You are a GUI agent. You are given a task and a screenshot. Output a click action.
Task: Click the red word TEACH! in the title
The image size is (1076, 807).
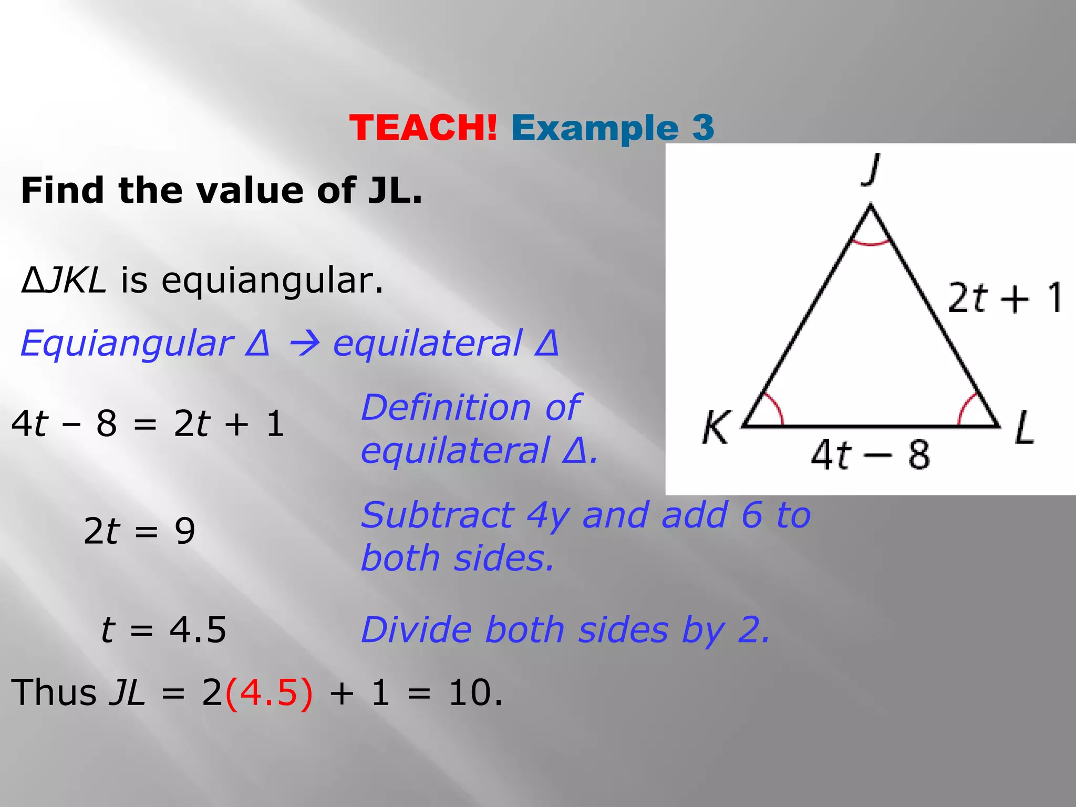423,128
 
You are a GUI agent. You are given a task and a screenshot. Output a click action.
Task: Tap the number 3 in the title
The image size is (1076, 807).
703,128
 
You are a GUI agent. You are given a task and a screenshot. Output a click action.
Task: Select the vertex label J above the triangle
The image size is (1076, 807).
871,169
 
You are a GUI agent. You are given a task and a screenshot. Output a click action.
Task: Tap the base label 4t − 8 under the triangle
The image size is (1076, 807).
870,454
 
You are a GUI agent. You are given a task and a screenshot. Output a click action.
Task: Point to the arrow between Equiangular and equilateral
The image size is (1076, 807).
302,345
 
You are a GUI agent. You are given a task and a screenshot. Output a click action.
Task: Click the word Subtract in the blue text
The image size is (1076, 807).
438,515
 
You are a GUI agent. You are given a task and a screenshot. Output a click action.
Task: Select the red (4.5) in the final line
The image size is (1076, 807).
268,692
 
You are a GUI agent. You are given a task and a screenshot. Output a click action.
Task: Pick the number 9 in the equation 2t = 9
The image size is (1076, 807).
185,531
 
